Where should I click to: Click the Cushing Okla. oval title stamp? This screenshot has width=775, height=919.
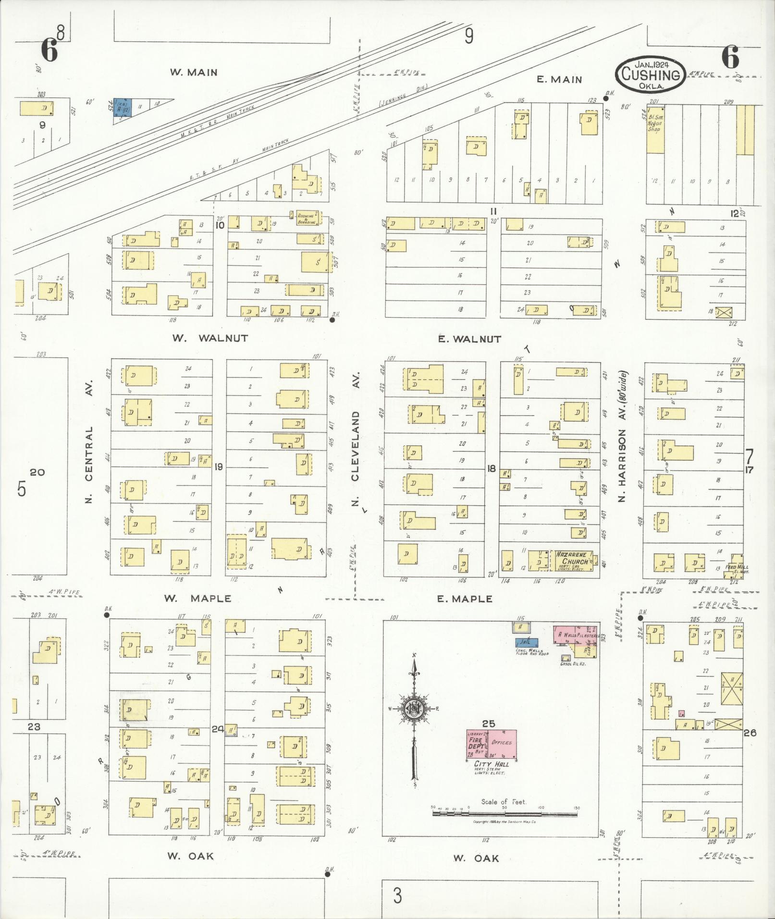click(651, 74)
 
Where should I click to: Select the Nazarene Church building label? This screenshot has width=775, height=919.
click(572, 558)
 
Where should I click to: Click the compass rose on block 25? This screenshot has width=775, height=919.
click(414, 709)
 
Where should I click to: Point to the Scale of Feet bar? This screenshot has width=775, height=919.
click(504, 814)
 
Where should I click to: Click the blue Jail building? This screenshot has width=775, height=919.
click(527, 642)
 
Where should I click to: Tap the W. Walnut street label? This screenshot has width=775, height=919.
click(210, 338)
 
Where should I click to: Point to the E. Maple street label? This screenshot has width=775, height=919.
click(464, 599)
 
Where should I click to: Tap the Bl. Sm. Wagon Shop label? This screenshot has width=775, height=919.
click(654, 123)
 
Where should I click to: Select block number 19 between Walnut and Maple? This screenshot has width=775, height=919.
click(219, 466)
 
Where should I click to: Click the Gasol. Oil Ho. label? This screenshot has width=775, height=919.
click(573, 663)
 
